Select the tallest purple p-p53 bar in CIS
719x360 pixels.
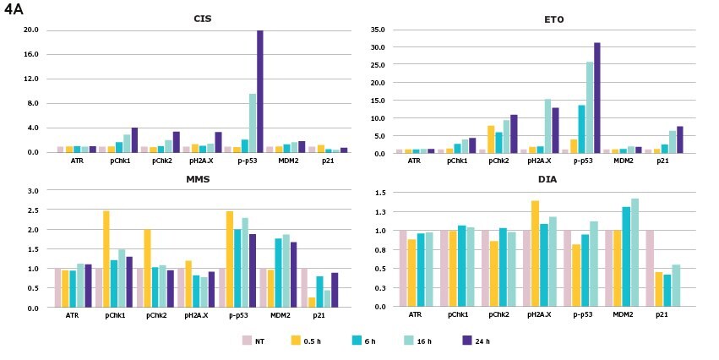click(260, 91)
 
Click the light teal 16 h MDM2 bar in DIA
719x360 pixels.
click(635, 253)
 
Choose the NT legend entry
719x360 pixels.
click(254, 341)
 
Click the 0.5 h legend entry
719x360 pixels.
click(304, 341)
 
